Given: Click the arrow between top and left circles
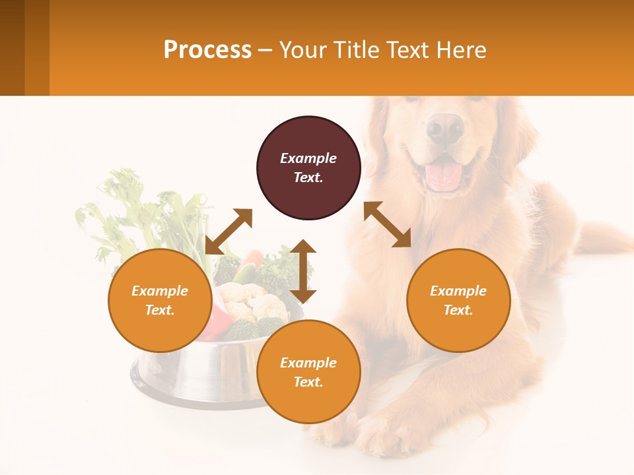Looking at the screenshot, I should tap(229, 231).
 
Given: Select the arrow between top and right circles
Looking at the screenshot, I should tap(387, 224).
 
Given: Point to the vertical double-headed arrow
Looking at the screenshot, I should tap(303, 271).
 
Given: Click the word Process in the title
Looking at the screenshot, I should tap(207, 49).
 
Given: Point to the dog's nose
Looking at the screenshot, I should tap(444, 127).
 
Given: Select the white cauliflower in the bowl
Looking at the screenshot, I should tap(254, 301).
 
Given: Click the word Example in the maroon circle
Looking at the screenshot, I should tap(308, 158).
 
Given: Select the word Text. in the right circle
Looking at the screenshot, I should tap(458, 310).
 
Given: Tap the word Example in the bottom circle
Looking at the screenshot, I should tap(308, 363).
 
